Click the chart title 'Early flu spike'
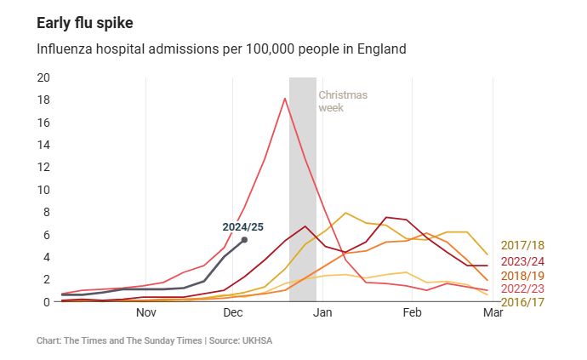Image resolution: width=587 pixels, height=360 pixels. pos(85,22)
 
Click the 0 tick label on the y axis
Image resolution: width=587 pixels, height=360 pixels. pos(48,301)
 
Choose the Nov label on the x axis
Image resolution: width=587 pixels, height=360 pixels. pos(146,313)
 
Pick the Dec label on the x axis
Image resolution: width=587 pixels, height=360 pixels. pos(234,313)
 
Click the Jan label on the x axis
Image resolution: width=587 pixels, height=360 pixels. pos(322,313)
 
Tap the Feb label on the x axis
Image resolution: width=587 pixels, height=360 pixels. pos(412,313)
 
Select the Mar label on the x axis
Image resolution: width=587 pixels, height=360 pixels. pos(493,313)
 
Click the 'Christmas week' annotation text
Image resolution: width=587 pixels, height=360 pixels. pos(343,101)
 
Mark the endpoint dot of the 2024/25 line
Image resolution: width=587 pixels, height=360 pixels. pos(244,240)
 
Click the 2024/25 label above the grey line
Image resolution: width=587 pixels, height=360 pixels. pos(243,226)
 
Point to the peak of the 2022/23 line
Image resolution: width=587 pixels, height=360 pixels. pos(285,99)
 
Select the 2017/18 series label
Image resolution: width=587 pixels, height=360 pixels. pos(522,246)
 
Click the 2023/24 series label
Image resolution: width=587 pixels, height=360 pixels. pos(522,261)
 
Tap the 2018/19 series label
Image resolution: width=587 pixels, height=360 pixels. pos(522,275)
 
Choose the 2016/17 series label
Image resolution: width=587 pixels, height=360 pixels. pos(522,302)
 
